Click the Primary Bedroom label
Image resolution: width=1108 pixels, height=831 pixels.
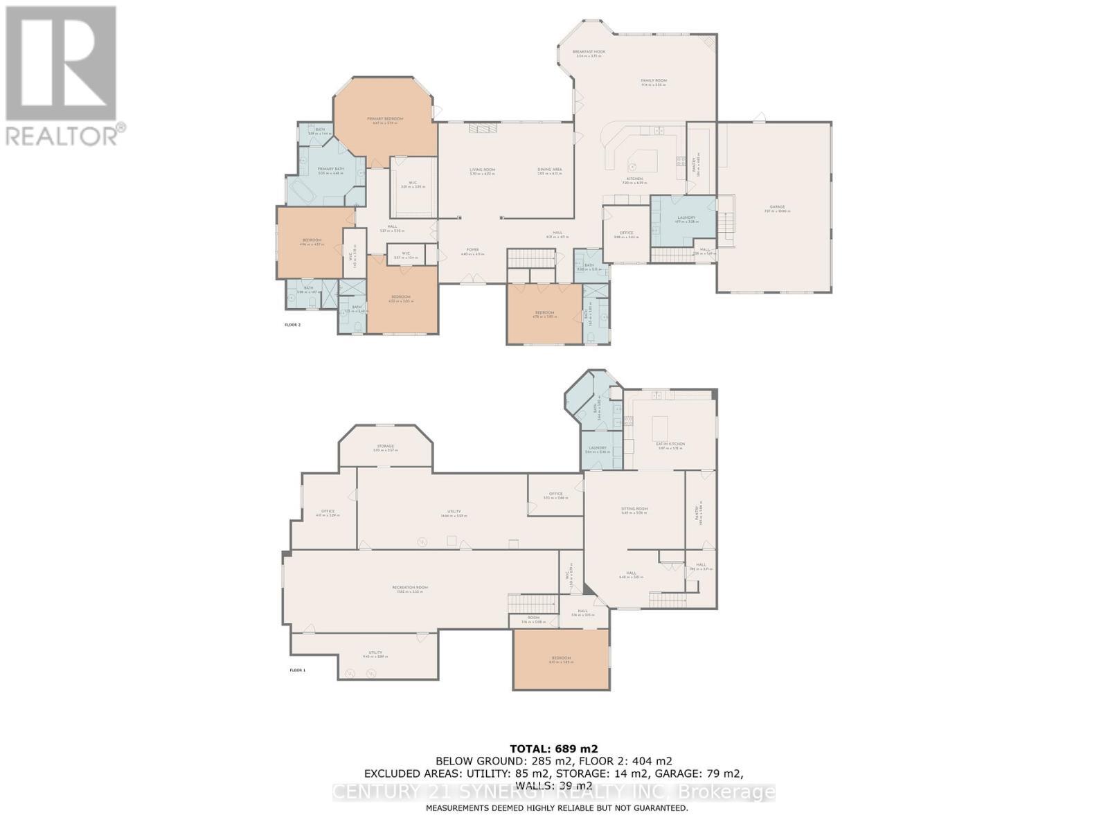385,119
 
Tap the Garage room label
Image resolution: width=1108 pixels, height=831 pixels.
777,208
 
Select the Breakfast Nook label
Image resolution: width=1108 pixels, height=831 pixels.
589,52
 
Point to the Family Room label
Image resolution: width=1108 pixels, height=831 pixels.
654,81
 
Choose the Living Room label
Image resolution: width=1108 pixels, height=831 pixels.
483,170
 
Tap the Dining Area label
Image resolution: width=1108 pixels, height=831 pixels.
550,170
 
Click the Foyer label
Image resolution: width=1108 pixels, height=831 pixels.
472,250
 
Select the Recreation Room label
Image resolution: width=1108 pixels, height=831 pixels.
412,587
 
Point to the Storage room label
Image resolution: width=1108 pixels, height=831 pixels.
386,447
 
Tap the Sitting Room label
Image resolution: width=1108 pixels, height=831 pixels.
634,509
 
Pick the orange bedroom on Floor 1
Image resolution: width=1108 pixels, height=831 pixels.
561,659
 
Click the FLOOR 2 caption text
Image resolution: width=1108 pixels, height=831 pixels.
293,324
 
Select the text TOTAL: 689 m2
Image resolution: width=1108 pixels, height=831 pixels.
553,748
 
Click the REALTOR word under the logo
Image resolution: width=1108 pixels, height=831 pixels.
62,134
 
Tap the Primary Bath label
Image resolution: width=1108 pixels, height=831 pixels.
331,169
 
